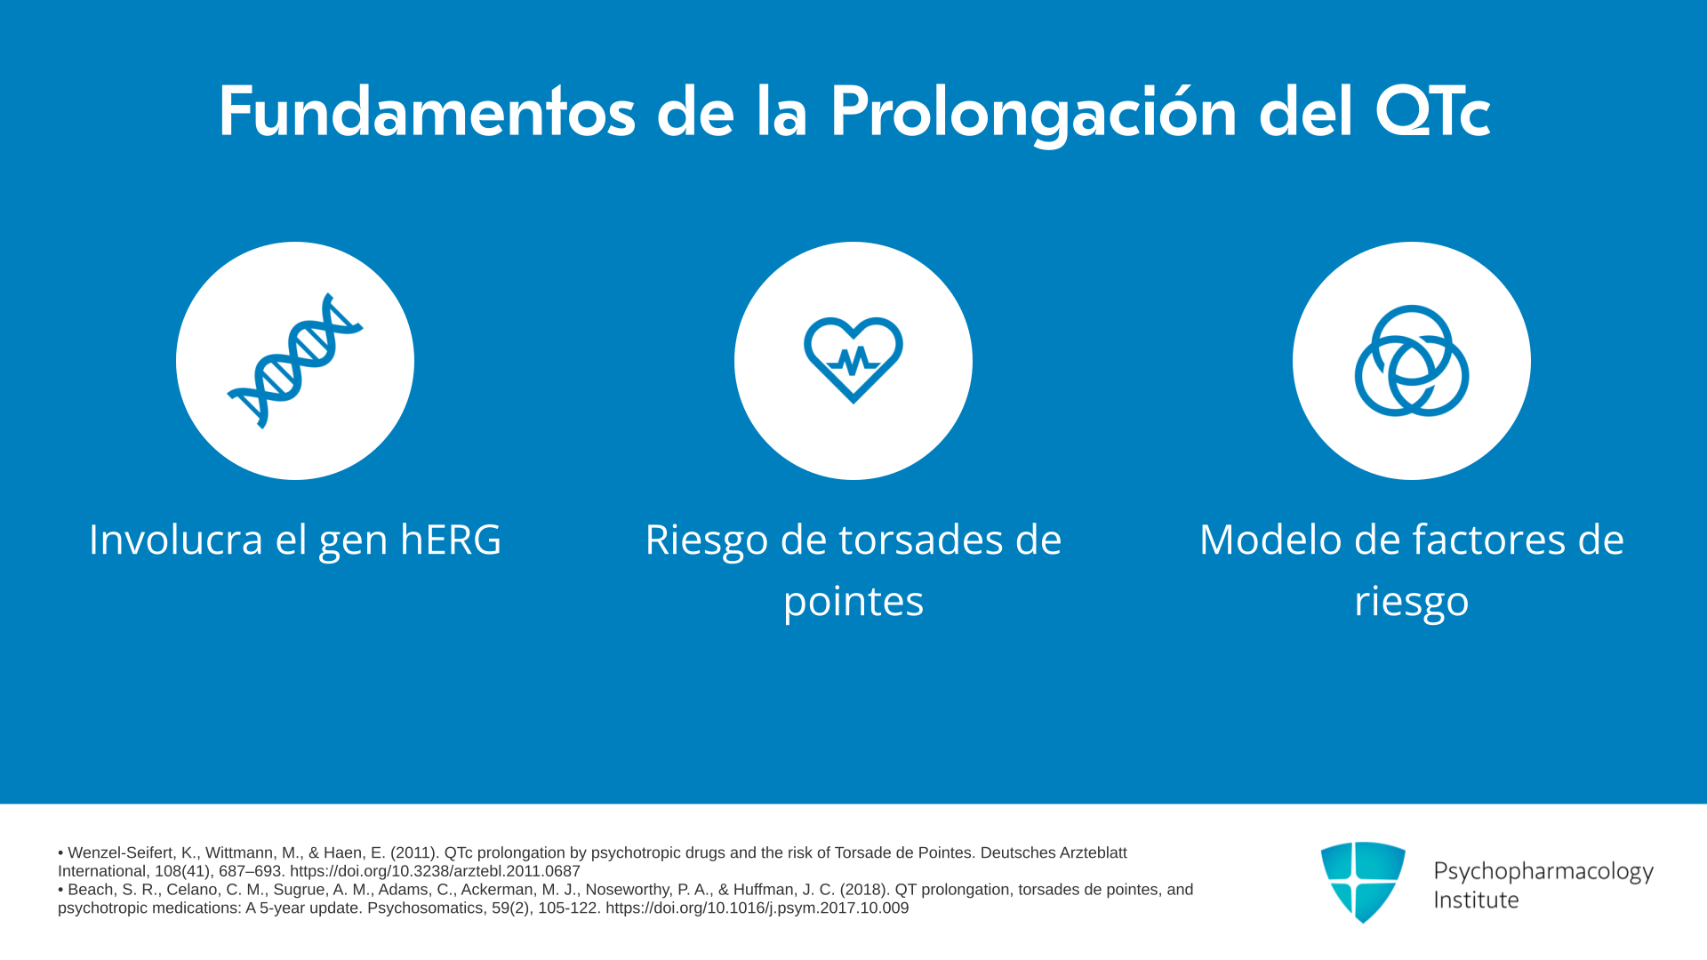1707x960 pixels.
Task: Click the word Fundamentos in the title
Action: [427, 112]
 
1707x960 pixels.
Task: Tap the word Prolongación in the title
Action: [1033, 114]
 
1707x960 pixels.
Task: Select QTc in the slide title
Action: [1432, 112]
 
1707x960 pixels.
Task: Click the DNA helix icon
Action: [295, 361]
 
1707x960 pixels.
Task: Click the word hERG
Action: [451, 540]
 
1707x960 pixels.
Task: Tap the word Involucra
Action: [176, 540]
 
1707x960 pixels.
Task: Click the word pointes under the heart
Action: [853, 601]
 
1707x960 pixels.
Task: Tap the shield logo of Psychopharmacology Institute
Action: [1363, 882]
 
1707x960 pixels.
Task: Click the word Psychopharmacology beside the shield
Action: [1543, 872]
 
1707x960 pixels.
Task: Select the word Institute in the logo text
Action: [1477, 900]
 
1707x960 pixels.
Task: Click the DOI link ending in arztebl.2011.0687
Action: [435, 871]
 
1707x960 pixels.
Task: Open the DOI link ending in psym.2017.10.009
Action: [757, 908]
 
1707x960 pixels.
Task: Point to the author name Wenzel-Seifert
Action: [121, 853]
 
